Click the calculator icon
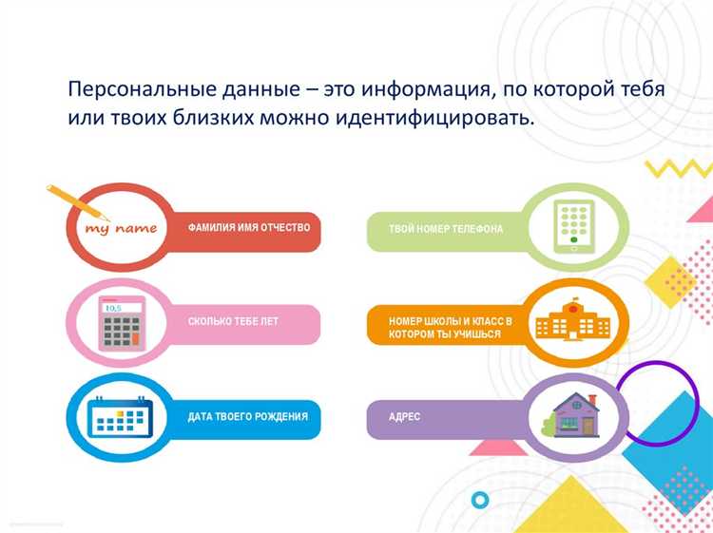pyautogui.click(x=121, y=323)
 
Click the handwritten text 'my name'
pyautogui.click(x=121, y=229)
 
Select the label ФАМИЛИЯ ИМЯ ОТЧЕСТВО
pyautogui.click(x=250, y=228)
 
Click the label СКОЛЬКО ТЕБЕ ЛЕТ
pyautogui.click(x=233, y=322)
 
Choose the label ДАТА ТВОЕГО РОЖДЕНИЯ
pyautogui.click(x=248, y=417)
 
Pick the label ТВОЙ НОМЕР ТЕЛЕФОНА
pyautogui.click(x=446, y=229)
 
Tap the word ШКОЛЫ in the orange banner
pyautogui.click(x=446, y=321)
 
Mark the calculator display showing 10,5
pyautogui.click(x=113, y=308)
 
